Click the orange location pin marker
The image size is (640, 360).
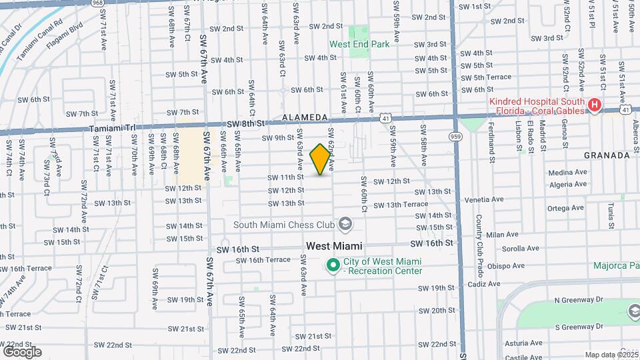[321, 159]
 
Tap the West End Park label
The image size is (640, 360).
[359, 45]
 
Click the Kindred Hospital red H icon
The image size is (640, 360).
[595, 105]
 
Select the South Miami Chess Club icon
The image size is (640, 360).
[345, 224]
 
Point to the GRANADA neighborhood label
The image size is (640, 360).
[607, 155]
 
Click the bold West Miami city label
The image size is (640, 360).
[334, 246]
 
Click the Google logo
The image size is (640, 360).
[22, 351]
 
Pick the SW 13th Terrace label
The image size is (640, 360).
[401, 205]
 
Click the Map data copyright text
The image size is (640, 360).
[611, 355]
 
